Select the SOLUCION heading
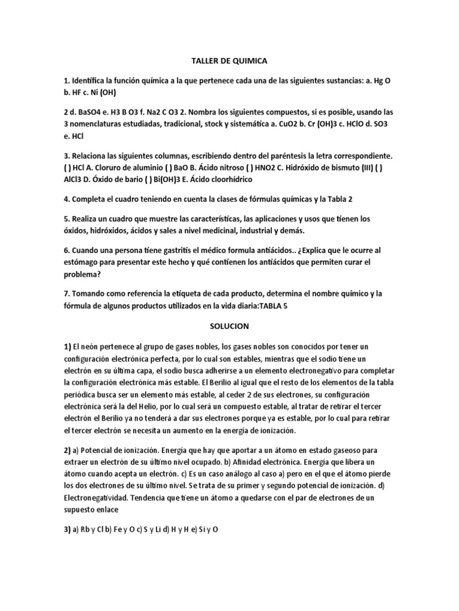[229, 326]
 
